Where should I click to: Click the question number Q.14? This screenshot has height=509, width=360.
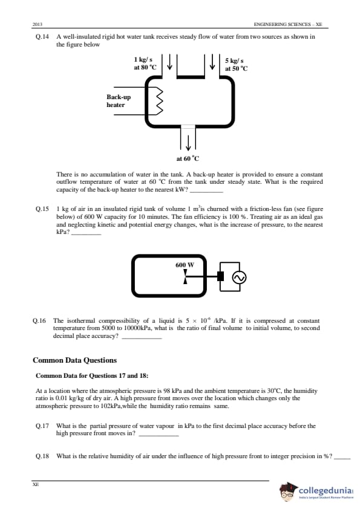click(x=42, y=37)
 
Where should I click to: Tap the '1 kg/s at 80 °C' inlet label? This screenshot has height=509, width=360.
click(x=145, y=63)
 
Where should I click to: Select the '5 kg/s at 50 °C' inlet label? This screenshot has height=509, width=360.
click(x=236, y=64)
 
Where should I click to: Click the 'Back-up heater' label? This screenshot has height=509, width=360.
click(x=119, y=100)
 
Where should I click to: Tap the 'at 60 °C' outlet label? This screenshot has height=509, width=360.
click(x=188, y=158)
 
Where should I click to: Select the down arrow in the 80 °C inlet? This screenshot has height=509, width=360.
click(x=169, y=62)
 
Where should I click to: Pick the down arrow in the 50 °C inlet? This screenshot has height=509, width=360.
click(x=212, y=62)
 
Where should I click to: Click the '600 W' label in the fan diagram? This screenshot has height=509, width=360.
click(x=185, y=265)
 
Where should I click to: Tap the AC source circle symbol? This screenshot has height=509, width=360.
click(x=239, y=277)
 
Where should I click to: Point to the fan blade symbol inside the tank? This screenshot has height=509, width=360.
click(x=185, y=277)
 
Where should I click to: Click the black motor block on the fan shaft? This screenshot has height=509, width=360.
click(x=221, y=276)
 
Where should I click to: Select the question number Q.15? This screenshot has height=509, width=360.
click(x=42, y=209)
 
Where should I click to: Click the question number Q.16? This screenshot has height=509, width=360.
click(x=39, y=321)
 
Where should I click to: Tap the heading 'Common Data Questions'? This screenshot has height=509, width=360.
click(x=75, y=360)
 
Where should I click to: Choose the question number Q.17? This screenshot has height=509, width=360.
click(x=42, y=426)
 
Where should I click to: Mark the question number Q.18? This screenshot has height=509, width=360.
click(x=42, y=456)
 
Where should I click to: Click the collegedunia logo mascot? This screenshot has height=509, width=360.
click(x=288, y=492)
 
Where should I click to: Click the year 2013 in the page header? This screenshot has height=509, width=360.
click(x=38, y=24)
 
